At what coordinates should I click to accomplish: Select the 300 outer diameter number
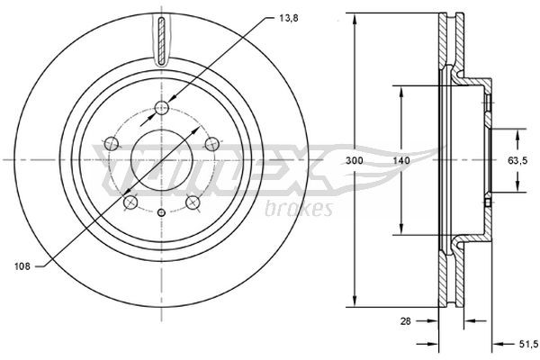click(x=355, y=159)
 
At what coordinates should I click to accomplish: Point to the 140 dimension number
click(x=401, y=159)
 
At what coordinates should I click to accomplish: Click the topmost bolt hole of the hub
click(x=162, y=109)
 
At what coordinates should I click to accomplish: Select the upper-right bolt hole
click(x=211, y=142)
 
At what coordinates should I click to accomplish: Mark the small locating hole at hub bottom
click(x=162, y=212)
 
